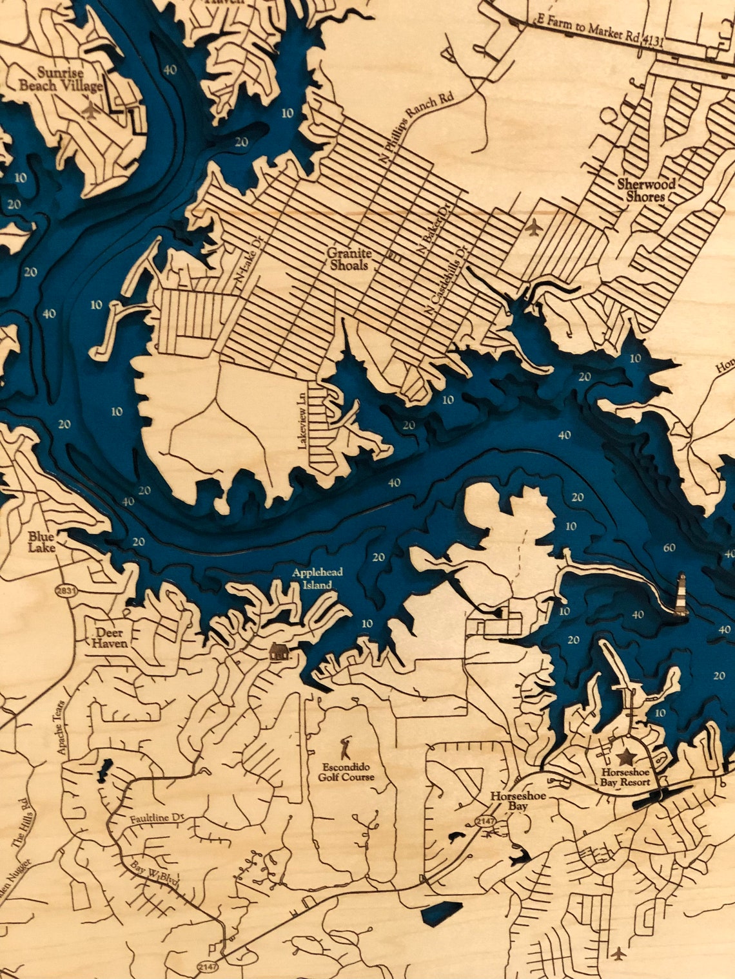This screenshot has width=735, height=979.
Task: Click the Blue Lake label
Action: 41,541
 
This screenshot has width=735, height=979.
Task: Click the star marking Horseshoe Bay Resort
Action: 624,758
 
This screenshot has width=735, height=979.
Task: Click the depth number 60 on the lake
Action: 669,548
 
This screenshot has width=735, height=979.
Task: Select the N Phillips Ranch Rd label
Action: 418,128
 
